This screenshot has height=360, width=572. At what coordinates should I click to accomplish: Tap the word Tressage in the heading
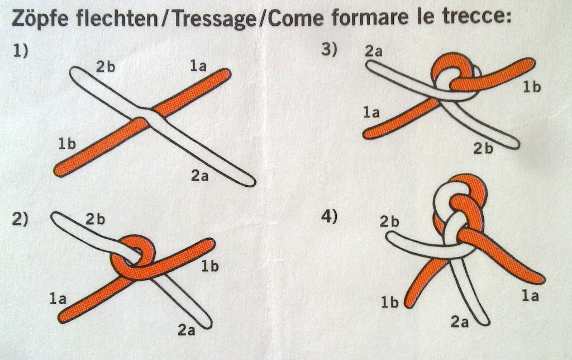214,18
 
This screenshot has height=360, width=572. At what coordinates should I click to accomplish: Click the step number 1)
21,50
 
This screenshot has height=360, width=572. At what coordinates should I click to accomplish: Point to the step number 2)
20,219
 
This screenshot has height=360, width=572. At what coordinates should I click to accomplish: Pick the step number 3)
329,49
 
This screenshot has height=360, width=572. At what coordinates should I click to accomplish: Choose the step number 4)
329,216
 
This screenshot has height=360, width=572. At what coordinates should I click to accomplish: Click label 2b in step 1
106,67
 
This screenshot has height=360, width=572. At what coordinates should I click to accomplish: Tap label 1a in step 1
198,66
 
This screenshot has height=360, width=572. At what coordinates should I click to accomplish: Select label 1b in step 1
67,144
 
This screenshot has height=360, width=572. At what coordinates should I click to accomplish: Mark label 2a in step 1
199,176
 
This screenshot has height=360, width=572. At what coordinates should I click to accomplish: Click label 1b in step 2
210,267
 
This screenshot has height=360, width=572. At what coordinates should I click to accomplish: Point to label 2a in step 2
187,330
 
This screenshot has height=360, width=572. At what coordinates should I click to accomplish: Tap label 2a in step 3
374,51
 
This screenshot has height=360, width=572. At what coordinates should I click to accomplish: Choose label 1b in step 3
532,87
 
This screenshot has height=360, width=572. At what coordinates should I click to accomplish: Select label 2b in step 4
389,221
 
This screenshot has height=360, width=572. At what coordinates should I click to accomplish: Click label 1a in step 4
530,295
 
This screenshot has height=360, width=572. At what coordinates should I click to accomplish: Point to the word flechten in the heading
116,18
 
